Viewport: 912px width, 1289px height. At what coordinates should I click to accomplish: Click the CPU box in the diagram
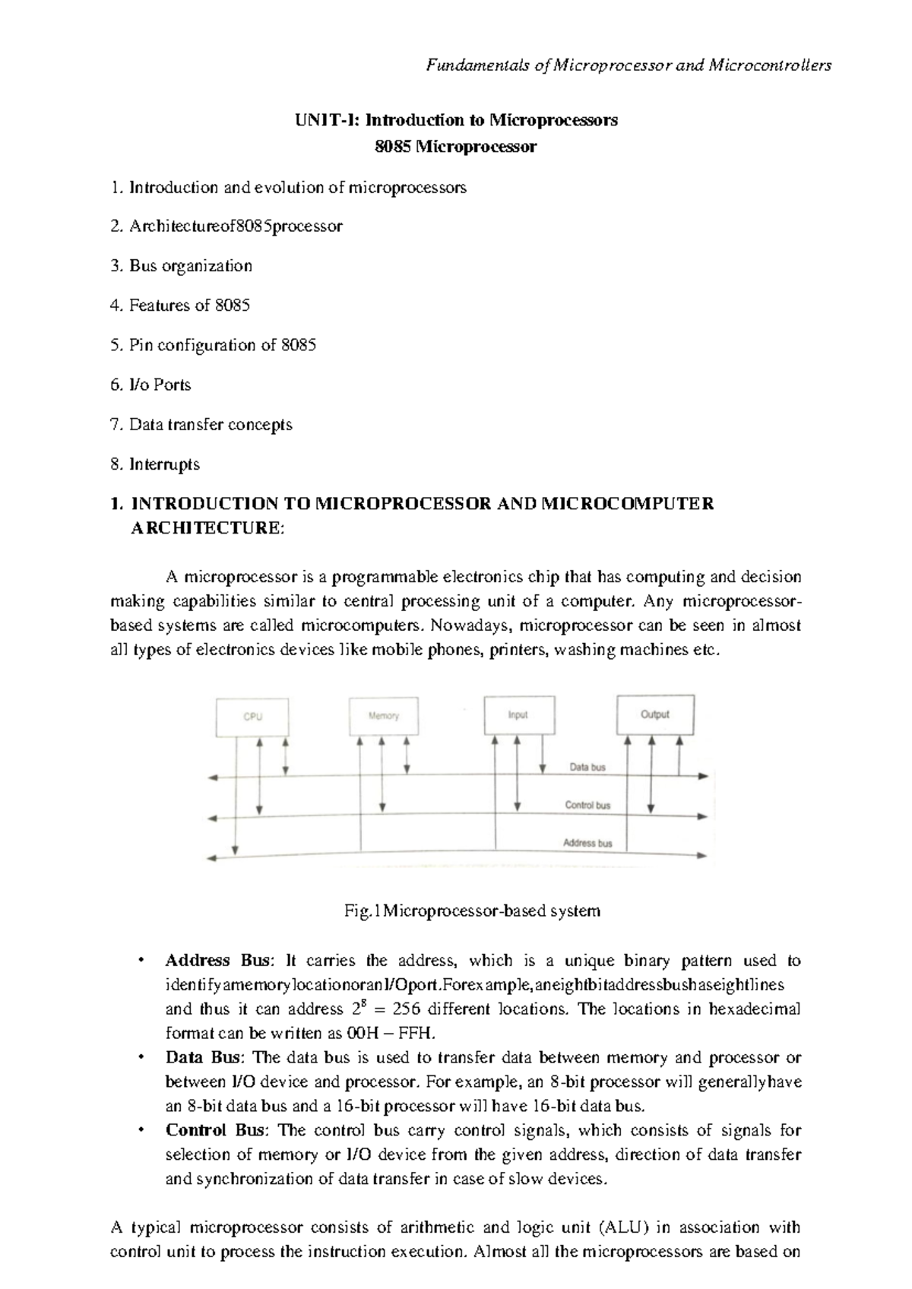coord(252,717)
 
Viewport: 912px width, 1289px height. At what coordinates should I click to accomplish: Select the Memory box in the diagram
coord(383,716)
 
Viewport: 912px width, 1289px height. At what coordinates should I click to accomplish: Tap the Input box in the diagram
coord(518,715)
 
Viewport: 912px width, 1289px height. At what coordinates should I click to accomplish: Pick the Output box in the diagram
coord(655,714)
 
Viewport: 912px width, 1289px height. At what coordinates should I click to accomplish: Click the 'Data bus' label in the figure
coord(587,768)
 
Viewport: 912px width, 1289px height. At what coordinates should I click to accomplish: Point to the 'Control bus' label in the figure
coord(587,805)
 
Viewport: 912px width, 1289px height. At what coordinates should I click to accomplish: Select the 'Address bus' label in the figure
coord(587,843)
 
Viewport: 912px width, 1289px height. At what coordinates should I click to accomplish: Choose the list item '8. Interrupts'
coord(155,464)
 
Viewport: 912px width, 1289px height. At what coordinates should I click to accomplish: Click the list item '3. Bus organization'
coord(181,266)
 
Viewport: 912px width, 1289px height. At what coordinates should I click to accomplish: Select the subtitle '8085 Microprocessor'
coord(456,147)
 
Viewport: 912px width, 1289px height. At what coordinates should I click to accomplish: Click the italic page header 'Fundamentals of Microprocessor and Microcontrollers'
coord(629,65)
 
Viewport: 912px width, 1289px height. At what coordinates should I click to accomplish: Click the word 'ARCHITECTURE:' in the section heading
coord(203,528)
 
